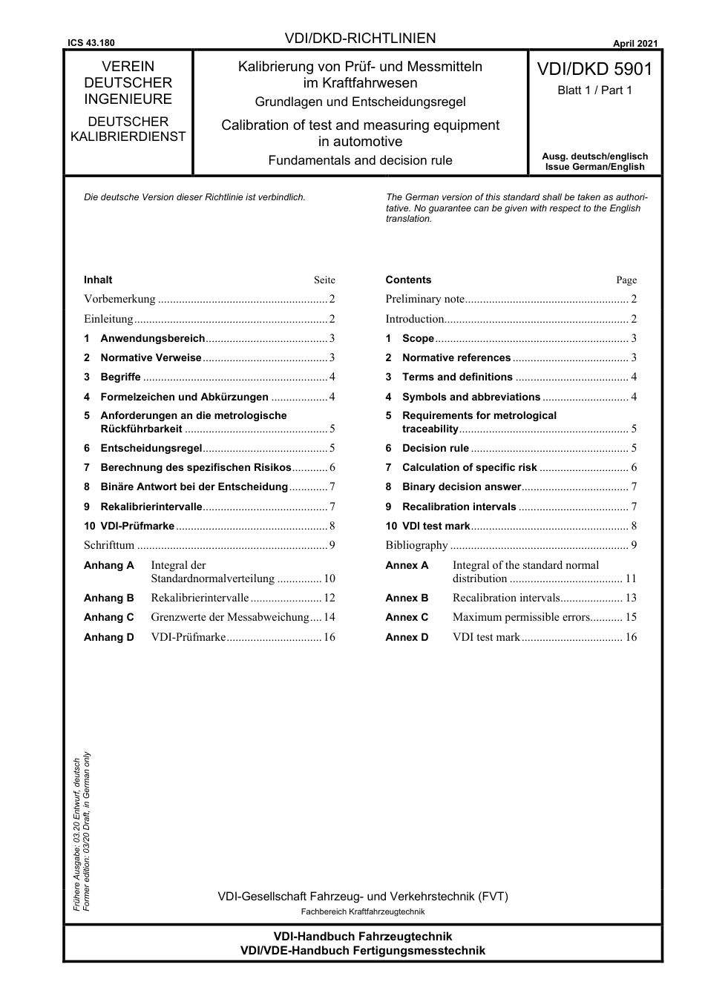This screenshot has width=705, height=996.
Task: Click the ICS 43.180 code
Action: point(90,43)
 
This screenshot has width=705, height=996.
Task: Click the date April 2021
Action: point(635,43)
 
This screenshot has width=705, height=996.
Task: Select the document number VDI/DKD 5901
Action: point(594,70)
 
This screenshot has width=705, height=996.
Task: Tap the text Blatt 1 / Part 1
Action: point(594,90)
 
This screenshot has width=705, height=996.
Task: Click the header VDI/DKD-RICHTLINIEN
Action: point(360,39)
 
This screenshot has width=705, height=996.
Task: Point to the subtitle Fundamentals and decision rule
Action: point(360,160)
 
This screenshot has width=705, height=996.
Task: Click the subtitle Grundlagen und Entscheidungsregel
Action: point(360,102)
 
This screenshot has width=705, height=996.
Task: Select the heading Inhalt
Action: point(98,280)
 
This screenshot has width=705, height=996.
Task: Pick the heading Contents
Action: point(408,280)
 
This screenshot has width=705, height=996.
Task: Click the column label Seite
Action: point(324,280)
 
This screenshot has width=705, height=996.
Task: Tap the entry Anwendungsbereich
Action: point(152,338)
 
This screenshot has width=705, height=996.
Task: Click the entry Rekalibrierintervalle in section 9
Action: point(151,507)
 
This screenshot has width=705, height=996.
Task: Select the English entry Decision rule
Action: point(436,448)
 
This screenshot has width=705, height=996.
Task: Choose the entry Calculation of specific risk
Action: point(469,467)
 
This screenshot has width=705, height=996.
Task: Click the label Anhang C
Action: point(109,617)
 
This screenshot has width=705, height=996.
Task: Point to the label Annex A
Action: point(407,565)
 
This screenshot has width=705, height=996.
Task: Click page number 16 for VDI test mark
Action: point(631,637)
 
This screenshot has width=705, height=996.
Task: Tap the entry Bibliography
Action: point(416,545)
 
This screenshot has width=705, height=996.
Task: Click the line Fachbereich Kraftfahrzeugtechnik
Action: point(363,911)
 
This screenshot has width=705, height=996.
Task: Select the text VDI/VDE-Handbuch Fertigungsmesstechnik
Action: point(363,951)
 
